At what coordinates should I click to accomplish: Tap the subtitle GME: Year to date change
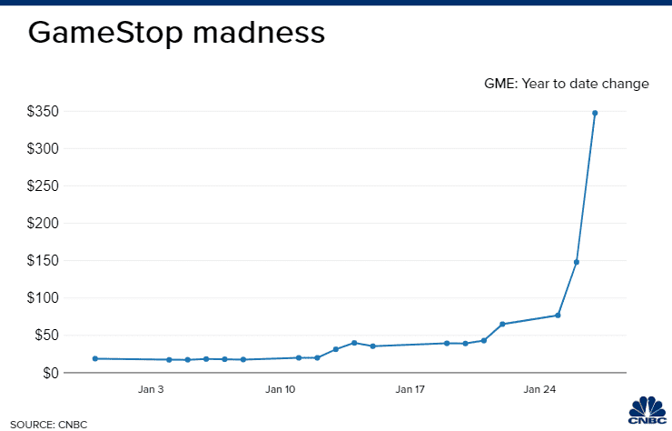tap(568, 84)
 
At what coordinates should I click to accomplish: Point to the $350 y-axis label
tap(43, 112)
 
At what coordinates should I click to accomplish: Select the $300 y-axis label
tap(43, 149)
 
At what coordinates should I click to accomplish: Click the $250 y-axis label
tap(43, 186)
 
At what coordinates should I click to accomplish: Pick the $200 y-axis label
tap(43, 224)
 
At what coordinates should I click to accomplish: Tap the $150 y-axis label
tap(43, 261)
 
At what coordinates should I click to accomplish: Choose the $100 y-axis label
tap(43, 298)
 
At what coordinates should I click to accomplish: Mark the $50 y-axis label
tap(45, 336)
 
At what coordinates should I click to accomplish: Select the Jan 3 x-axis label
tap(151, 390)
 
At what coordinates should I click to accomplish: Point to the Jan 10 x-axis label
tap(281, 390)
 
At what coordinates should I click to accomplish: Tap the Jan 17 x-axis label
tap(410, 390)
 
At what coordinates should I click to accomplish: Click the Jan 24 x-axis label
tap(539, 390)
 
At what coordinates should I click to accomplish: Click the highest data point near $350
tap(595, 113)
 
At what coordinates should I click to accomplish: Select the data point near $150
tap(577, 262)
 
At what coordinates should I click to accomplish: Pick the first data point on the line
tap(95, 358)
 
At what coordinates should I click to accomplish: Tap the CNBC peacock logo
tap(647, 409)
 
